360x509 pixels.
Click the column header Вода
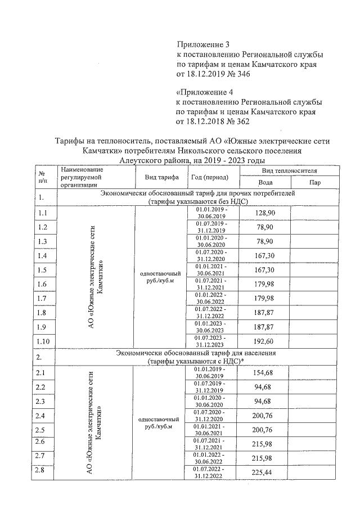(265, 183)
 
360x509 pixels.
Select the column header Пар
(315, 183)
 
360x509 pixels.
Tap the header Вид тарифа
(161, 177)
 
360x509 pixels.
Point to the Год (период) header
(210, 177)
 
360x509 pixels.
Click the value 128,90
(265, 213)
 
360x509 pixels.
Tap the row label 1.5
(42, 270)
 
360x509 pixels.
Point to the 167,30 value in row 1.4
(265, 255)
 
